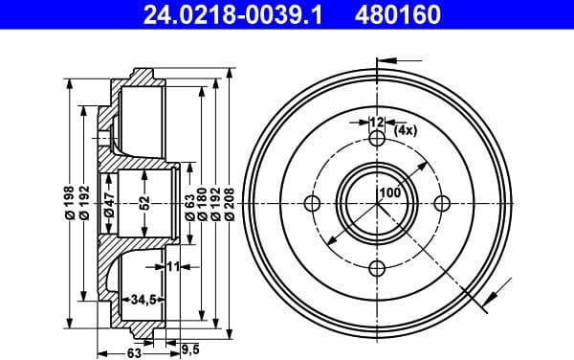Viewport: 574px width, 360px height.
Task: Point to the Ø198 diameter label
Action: pos(68,202)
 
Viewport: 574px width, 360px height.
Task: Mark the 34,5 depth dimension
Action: pos(143,301)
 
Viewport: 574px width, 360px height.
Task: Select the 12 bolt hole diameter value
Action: pos(376,122)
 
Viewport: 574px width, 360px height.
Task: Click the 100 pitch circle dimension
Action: pos(389,192)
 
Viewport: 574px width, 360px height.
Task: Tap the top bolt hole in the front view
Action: pos(377,140)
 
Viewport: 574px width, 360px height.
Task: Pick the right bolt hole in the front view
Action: pos(440,203)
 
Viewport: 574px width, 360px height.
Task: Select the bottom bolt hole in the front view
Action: pos(377,267)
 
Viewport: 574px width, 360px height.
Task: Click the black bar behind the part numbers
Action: pos(287,13)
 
